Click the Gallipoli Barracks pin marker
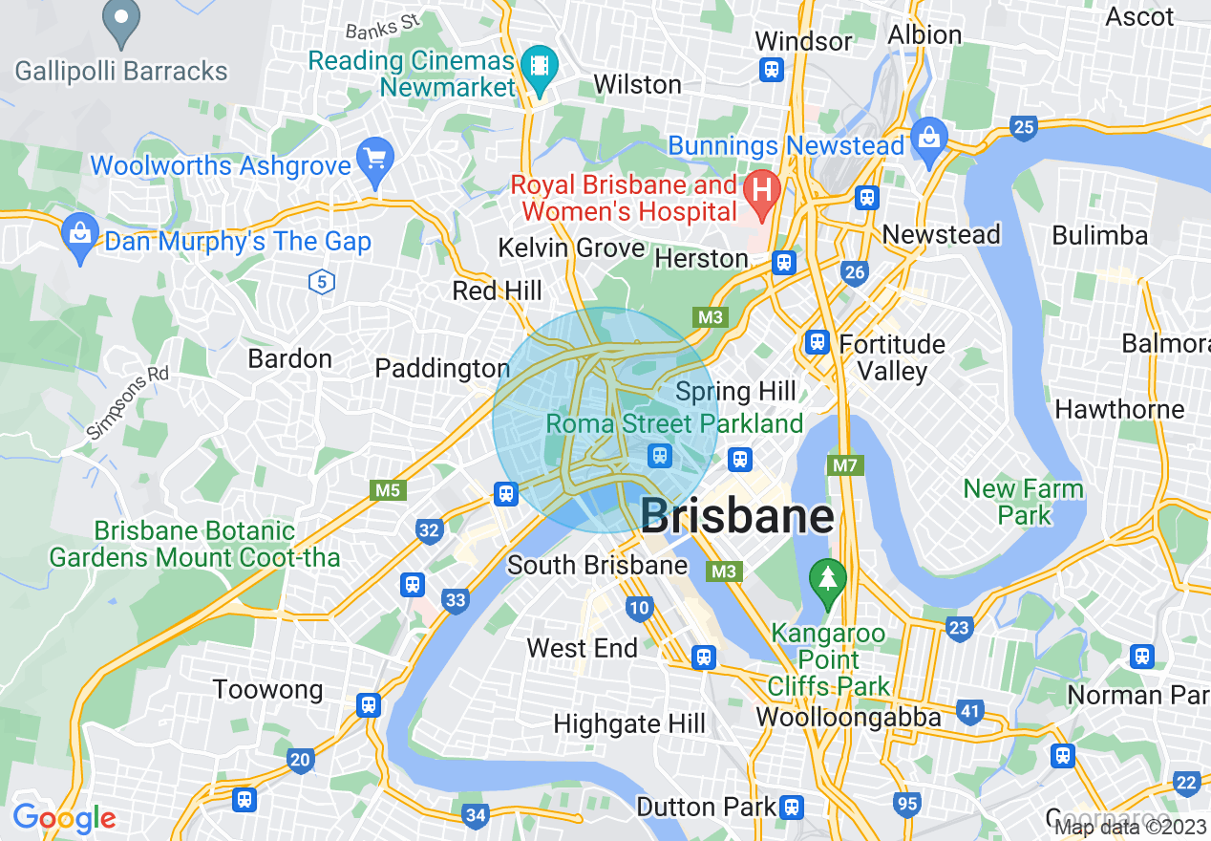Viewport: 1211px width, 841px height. point(121,23)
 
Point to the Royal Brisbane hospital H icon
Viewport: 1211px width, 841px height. point(762,189)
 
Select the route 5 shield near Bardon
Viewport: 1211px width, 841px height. point(323,282)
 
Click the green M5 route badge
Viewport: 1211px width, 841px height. point(387,490)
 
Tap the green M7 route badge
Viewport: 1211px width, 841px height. point(844,465)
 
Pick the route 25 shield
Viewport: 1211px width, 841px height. point(1024,127)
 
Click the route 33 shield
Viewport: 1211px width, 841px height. point(456,600)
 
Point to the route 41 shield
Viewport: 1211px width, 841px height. point(970,711)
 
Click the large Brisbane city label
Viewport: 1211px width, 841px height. point(736,516)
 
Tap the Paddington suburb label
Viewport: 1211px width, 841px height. point(442,368)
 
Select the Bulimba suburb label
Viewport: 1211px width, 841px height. point(1099,235)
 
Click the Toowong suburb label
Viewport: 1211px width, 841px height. point(267,689)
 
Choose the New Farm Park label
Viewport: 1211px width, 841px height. point(1023,502)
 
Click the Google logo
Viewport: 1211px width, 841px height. point(64,818)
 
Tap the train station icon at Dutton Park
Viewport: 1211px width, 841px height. point(791,808)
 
